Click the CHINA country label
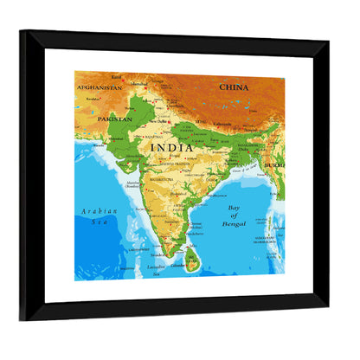234,87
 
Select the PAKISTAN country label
114,119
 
